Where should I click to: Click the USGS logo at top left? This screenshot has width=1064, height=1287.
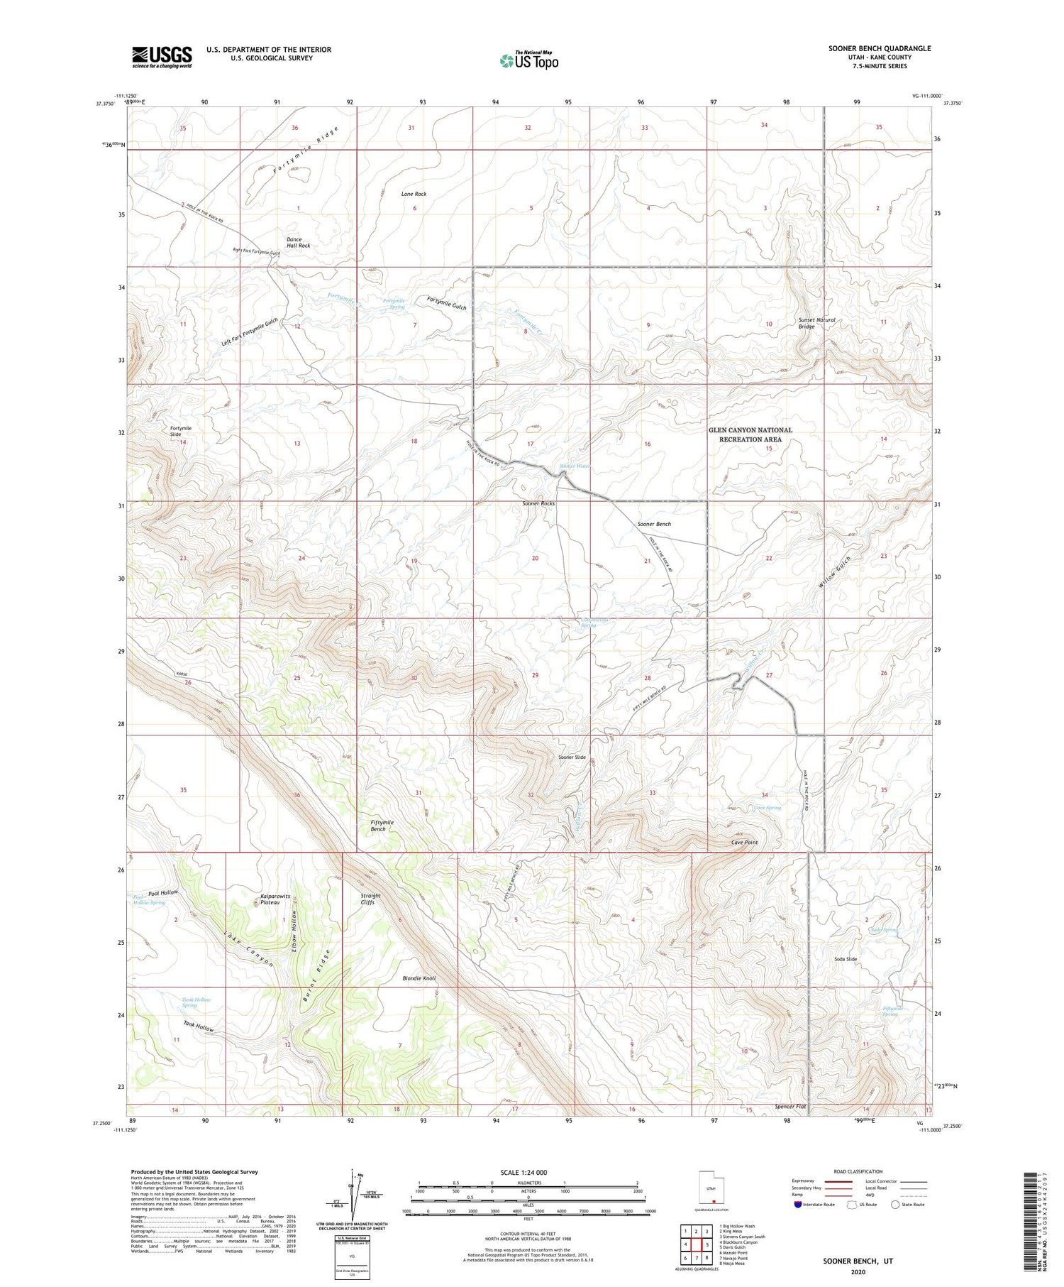pos(162,57)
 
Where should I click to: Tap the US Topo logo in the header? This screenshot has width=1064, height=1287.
pos(528,61)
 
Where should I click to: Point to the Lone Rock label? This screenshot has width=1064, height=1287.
pos(414,194)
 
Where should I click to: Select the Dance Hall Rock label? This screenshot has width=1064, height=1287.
pos(298,243)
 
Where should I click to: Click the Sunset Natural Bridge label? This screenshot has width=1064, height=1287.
pos(816,323)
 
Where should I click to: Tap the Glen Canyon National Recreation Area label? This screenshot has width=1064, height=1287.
pos(750,434)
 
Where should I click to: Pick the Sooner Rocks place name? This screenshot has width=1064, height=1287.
pos(538,503)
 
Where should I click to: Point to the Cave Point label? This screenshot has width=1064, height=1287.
pos(744,843)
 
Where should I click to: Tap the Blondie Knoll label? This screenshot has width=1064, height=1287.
pos(419,978)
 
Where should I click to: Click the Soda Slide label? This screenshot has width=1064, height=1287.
pos(846,959)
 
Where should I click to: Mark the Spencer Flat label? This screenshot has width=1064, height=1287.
pos(790,1107)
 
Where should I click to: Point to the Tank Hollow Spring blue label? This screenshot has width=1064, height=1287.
pos(189,1002)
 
